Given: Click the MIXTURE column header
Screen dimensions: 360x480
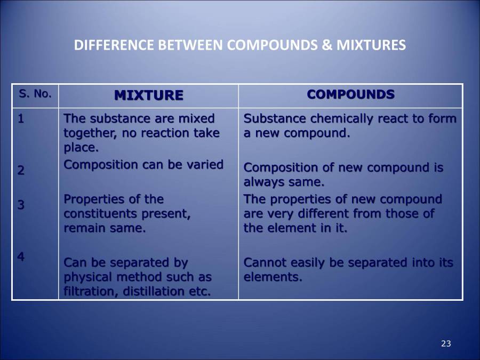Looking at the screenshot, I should point(148,95).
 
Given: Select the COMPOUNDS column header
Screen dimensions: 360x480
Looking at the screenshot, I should point(350,94).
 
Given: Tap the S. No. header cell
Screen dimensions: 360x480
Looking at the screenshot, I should point(35,94).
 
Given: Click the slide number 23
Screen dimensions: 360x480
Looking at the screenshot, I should point(446,343).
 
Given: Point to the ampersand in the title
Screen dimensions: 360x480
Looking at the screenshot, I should point(327,45).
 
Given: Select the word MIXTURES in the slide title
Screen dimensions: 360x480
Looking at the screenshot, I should point(371,45).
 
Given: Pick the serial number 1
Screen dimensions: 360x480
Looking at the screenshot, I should point(21,118).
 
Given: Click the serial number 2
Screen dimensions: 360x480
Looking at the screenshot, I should point(21,171).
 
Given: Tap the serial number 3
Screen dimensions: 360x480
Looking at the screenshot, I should point(21,205).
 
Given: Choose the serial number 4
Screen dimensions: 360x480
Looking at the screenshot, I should point(21,257).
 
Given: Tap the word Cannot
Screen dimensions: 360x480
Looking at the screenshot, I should point(262,262).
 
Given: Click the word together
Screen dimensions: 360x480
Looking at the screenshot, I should point(87,133).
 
